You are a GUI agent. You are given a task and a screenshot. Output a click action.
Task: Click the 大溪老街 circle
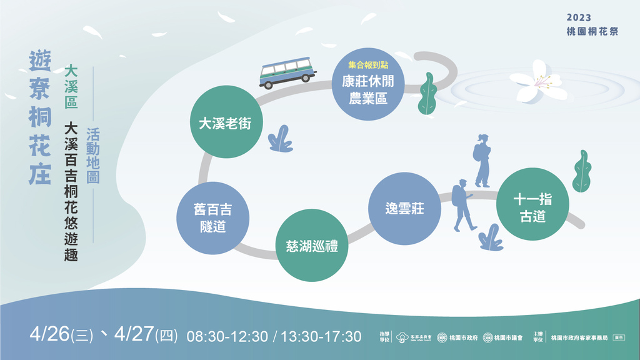(x=225, y=123)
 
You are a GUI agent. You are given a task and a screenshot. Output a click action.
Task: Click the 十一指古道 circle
(x=532, y=204)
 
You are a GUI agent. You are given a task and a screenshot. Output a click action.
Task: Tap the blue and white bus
(x=287, y=72)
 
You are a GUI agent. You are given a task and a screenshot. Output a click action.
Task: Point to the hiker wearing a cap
(x=462, y=204)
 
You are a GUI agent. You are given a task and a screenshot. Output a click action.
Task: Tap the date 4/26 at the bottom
(x=49, y=334)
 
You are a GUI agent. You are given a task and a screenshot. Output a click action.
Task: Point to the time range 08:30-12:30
(x=227, y=336)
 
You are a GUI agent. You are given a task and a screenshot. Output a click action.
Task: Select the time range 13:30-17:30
(x=321, y=336)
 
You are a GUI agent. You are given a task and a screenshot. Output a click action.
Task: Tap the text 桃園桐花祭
(x=592, y=31)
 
